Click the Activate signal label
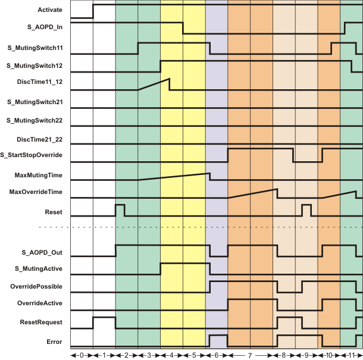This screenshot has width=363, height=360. click(50, 10)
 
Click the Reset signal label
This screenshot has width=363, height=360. click(54, 212)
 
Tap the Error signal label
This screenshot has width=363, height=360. click(55, 342)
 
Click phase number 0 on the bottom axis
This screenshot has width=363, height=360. click(82, 355)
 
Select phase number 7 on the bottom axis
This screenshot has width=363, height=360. click(251, 355)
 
